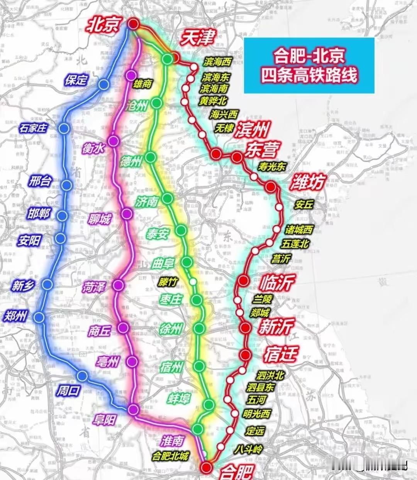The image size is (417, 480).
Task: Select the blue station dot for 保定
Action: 103,85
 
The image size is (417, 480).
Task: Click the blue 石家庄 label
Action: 33,128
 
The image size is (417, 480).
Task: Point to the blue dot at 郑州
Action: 39,317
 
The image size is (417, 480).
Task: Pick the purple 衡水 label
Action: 93,148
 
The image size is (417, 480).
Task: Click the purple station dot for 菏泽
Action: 118,285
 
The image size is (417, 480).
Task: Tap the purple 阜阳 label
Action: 104,419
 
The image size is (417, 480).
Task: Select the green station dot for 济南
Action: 167,198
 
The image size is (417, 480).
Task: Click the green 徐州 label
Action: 171,329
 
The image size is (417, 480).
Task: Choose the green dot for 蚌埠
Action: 209,404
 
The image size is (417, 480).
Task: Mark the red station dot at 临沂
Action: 243,281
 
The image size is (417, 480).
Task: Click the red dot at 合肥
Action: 207,467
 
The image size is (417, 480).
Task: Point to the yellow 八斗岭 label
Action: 248,449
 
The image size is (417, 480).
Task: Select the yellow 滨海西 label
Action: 218,62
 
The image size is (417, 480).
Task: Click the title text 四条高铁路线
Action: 309,75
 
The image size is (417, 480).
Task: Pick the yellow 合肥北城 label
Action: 170,456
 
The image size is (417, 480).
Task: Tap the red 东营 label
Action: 262,149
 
